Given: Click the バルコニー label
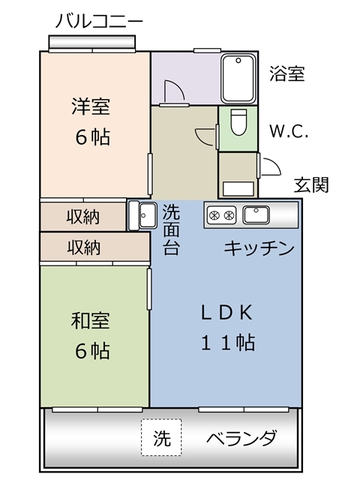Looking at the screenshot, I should [x=98, y=20].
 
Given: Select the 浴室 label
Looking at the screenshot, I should [x=287, y=74].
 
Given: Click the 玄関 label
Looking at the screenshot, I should [x=310, y=186].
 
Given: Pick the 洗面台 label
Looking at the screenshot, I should [x=172, y=227].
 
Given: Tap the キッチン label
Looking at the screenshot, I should [x=257, y=248].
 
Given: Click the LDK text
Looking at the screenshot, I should [x=224, y=309].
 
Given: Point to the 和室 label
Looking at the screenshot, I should [x=90, y=321].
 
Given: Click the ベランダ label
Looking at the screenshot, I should [x=241, y=438].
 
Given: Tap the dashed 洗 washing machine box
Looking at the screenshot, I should [x=161, y=438].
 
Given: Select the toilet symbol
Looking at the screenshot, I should [x=237, y=125].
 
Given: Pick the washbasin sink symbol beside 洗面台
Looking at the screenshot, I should [x=141, y=214].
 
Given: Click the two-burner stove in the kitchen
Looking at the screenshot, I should [x=221, y=214].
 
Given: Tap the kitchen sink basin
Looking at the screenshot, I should [x=259, y=214].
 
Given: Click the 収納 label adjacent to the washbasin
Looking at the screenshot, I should [x=83, y=216].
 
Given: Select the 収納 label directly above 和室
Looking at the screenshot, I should [x=83, y=246].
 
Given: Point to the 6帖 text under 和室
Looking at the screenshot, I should [x=90, y=352].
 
